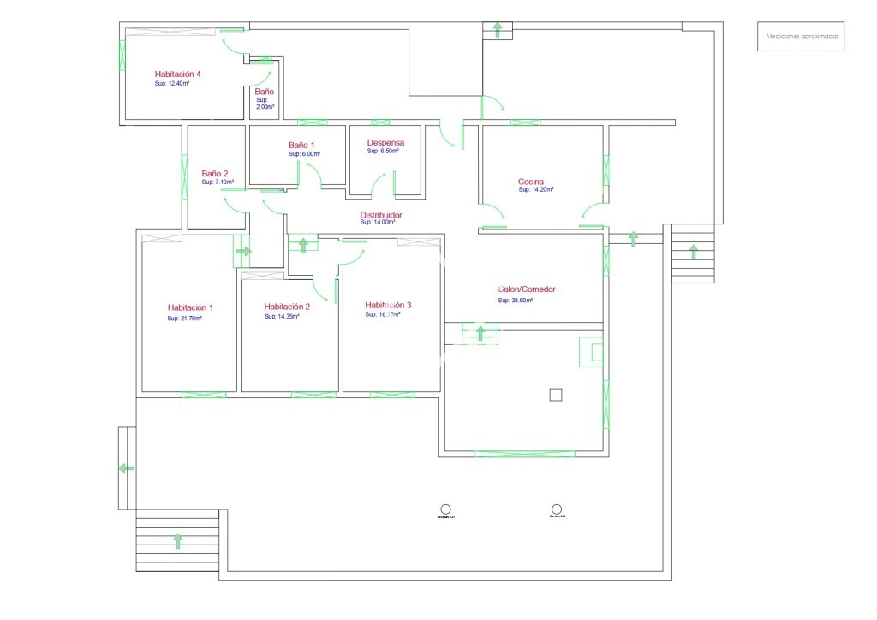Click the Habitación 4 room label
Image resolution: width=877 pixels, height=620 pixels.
(177, 74)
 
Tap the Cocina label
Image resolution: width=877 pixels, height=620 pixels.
(531, 182)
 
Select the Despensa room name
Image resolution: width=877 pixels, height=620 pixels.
(385, 142)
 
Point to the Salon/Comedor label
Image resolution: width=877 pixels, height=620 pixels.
(526, 289)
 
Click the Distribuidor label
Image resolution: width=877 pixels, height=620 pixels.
(381, 215)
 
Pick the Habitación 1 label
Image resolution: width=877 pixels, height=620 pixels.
(190, 307)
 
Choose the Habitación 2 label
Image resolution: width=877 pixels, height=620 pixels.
(287, 307)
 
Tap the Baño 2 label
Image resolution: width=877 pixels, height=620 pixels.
(215, 173)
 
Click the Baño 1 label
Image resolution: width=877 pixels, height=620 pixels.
(301, 146)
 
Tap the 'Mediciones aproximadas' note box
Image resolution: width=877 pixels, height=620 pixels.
(800, 37)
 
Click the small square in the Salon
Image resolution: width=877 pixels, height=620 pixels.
(555, 395)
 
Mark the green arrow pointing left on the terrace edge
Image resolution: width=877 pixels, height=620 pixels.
(126, 468)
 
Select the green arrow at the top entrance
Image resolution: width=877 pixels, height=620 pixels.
(497, 30)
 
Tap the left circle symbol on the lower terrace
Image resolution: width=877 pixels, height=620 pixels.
(445, 509)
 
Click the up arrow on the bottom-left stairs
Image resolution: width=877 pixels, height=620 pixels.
(178, 540)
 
